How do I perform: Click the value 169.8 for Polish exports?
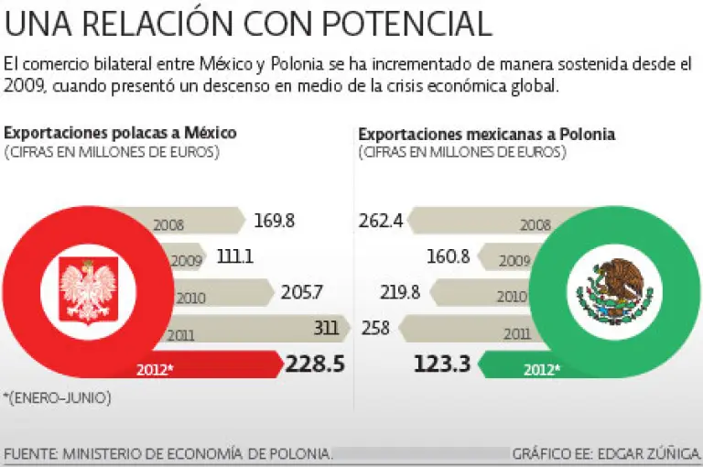[x=276, y=221]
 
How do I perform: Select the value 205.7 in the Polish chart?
[x=303, y=293]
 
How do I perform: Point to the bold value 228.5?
[x=315, y=364]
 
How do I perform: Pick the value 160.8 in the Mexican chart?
[x=448, y=257]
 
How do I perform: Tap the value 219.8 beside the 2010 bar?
[x=400, y=293]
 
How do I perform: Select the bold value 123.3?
[x=442, y=364]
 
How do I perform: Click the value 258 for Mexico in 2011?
[x=376, y=327]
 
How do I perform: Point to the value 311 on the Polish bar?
[x=327, y=327]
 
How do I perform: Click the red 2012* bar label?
[x=157, y=370]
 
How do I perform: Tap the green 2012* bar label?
[x=542, y=370]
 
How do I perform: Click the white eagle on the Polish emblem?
[x=89, y=289]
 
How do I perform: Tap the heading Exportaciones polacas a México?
[x=120, y=133]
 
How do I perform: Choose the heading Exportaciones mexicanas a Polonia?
[x=486, y=134]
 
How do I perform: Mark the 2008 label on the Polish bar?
[x=168, y=224]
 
